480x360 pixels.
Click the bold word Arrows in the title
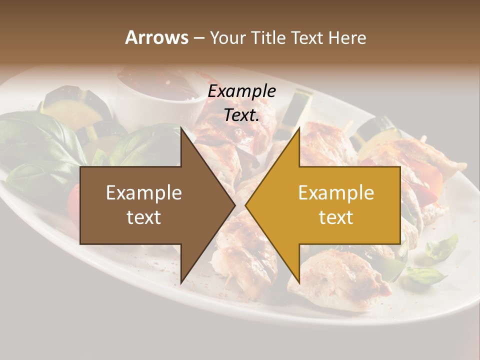pos(156,37)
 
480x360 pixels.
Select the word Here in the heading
pos(347,37)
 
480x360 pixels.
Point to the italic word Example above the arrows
pos(242,91)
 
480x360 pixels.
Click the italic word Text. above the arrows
pos(242,115)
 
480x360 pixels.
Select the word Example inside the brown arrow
pos(144,193)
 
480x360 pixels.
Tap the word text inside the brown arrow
pos(144,217)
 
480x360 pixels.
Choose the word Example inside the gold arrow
pos(336,193)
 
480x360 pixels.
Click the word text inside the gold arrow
pos(336,217)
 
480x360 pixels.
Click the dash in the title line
pos(198,38)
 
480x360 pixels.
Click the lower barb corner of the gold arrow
pos(299,282)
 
